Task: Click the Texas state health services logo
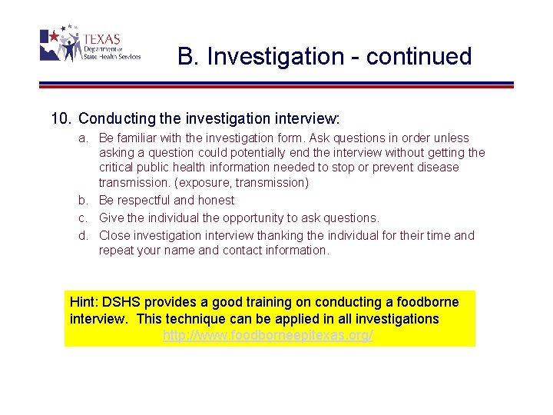point(90,45)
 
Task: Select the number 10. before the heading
point(61,119)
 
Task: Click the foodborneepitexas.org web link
point(268,336)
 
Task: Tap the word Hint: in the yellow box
point(87,302)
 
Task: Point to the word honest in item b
point(217,201)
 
